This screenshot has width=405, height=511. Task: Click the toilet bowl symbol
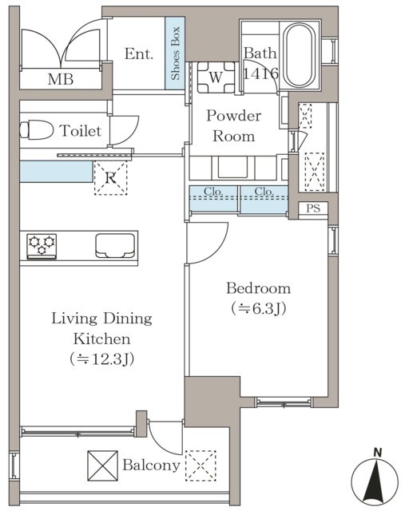[36, 130]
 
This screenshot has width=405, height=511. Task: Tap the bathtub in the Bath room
[297, 55]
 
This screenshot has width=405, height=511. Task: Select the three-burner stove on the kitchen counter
[42, 247]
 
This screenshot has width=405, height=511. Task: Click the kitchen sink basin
[115, 246]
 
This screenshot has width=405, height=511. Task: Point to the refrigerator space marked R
[110, 178]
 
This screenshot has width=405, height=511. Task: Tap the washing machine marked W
[216, 77]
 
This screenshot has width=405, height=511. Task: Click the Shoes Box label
[176, 53]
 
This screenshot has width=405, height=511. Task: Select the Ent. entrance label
[138, 53]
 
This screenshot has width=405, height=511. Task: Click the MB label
[61, 79]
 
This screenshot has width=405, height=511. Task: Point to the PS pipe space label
[313, 208]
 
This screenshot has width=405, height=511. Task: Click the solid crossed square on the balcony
[103, 465]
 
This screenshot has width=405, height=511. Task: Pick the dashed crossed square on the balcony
[201, 465]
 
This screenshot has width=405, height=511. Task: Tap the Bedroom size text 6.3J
[259, 308]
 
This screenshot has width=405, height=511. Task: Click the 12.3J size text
[101, 359]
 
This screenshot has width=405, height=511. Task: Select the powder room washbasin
[232, 168]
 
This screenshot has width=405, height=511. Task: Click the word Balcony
[151, 465]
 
